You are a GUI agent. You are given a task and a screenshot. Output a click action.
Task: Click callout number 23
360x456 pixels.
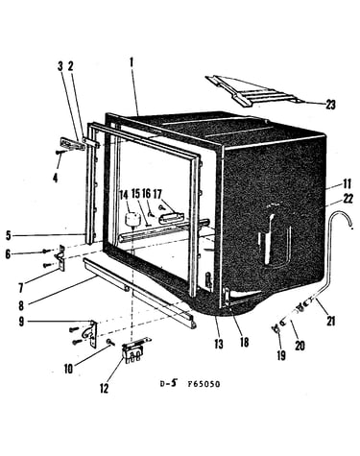[330, 105]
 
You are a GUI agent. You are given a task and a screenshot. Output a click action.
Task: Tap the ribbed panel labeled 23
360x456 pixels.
[252, 91]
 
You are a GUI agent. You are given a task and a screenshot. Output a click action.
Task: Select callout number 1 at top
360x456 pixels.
[132, 62]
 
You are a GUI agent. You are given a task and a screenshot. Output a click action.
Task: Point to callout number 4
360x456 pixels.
[56, 178]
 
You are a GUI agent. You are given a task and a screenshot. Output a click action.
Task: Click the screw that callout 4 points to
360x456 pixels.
[60, 153]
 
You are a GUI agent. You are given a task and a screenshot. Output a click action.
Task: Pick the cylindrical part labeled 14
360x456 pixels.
[132, 219]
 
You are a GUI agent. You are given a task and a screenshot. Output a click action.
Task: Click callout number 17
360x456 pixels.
[157, 194]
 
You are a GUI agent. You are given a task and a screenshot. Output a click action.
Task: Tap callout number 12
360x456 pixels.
[104, 389]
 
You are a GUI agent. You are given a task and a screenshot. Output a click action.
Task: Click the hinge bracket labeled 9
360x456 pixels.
[91, 333]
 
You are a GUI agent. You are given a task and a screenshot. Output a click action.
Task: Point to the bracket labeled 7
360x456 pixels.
[60, 258]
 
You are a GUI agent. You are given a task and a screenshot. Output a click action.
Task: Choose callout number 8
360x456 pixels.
[21, 305]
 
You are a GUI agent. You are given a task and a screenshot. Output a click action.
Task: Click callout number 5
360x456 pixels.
[9, 235]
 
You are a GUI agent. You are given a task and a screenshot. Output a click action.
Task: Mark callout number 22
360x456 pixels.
[348, 199]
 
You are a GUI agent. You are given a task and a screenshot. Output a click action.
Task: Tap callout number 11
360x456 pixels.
[347, 183]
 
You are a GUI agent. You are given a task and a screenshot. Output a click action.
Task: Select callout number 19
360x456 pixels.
[281, 355]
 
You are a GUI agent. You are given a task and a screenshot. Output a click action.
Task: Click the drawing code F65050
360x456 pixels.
[204, 383]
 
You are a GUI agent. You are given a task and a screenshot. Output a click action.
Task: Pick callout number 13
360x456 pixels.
[219, 344]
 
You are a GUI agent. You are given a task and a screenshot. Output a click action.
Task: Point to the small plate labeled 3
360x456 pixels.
[72, 144]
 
